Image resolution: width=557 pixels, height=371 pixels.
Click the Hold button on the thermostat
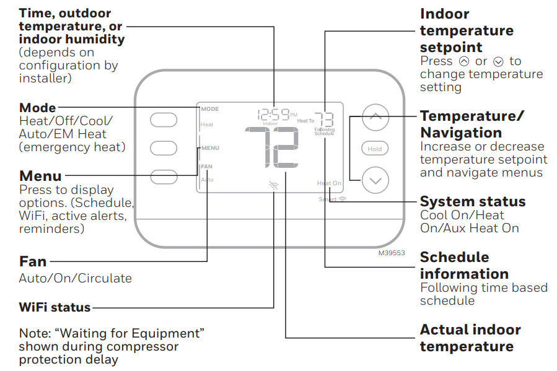(x=375, y=149)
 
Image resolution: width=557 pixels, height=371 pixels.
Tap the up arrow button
(x=375, y=117)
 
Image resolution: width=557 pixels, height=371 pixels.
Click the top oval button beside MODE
(x=164, y=120)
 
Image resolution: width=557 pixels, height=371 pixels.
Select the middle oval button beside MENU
(x=164, y=147)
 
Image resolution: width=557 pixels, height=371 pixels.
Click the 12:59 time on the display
(x=274, y=114)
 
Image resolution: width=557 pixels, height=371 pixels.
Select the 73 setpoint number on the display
(x=324, y=119)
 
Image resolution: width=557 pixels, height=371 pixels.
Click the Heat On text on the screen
(x=329, y=183)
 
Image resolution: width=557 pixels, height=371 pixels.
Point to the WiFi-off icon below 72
(x=273, y=185)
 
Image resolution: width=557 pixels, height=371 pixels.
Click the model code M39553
(x=391, y=253)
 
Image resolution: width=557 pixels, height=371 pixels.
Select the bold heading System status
(x=472, y=202)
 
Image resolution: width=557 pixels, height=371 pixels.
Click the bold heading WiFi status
(x=55, y=307)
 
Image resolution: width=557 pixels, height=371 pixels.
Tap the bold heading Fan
(x=33, y=262)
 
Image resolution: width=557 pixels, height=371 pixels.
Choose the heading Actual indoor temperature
(x=470, y=338)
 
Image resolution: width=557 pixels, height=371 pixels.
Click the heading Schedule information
(x=464, y=265)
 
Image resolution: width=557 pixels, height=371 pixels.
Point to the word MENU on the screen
(x=210, y=148)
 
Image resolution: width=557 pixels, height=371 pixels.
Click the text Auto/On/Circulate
(x=75, y=278)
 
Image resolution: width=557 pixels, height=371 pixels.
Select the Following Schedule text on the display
(x=324, y=131)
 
